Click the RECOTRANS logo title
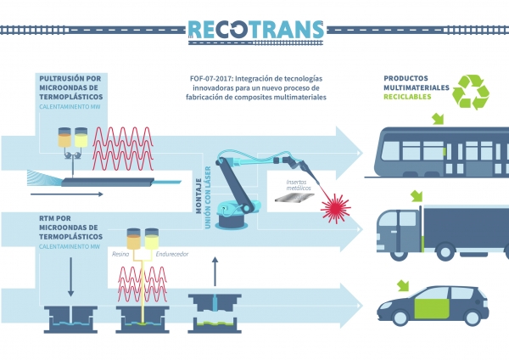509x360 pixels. (x=255, y=29)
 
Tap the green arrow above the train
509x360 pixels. (x=438, y=119)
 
